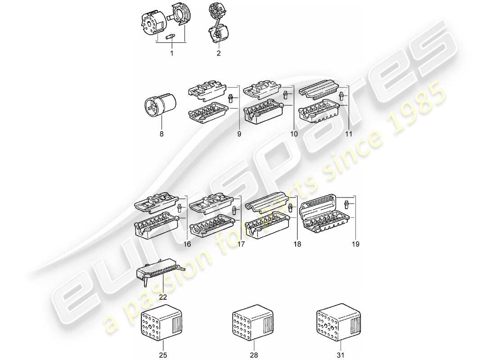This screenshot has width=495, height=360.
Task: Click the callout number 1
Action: [x=171, y=54]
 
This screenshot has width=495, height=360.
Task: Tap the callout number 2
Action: [x=219, y=54]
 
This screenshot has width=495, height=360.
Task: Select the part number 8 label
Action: [x=161, y=134]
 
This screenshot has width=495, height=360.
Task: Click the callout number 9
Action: [x=238, y=134]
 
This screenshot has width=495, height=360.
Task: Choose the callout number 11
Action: [x=349, y=134]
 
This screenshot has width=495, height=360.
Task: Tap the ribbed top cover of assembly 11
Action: [x=319, y=91]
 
